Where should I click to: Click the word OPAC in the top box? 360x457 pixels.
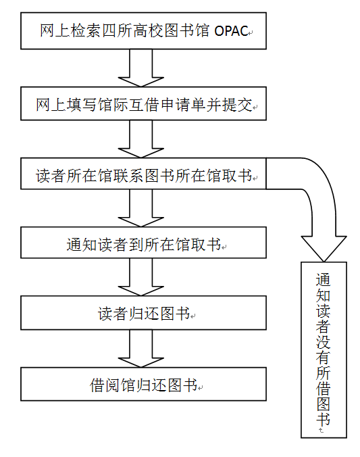(x=231, y=31)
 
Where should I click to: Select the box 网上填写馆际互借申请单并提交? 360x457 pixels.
(x=143, y=103)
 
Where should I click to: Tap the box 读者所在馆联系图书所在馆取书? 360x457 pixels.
(x=143, y=174)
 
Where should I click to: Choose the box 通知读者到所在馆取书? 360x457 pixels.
(x=143, y=243)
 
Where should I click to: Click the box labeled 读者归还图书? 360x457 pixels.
(x=143, y=313)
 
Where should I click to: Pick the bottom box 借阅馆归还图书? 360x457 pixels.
(x=143, y=384)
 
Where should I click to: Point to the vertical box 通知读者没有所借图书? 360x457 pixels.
(x=324, y=350)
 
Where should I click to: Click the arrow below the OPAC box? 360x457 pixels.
(x=141, y=68)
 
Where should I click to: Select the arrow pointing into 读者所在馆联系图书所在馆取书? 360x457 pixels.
(x=141, y=139)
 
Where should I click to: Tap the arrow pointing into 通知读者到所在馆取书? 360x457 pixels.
(x=141, y=208)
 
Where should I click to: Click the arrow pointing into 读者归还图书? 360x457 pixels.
(x=141, y=277)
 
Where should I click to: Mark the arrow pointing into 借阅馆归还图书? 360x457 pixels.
(x=141, y=349)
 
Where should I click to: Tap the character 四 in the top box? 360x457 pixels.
(x=109, y=31)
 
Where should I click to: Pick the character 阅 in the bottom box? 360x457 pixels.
(x=112, y=385)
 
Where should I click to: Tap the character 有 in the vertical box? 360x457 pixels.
(x=324, y=358)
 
